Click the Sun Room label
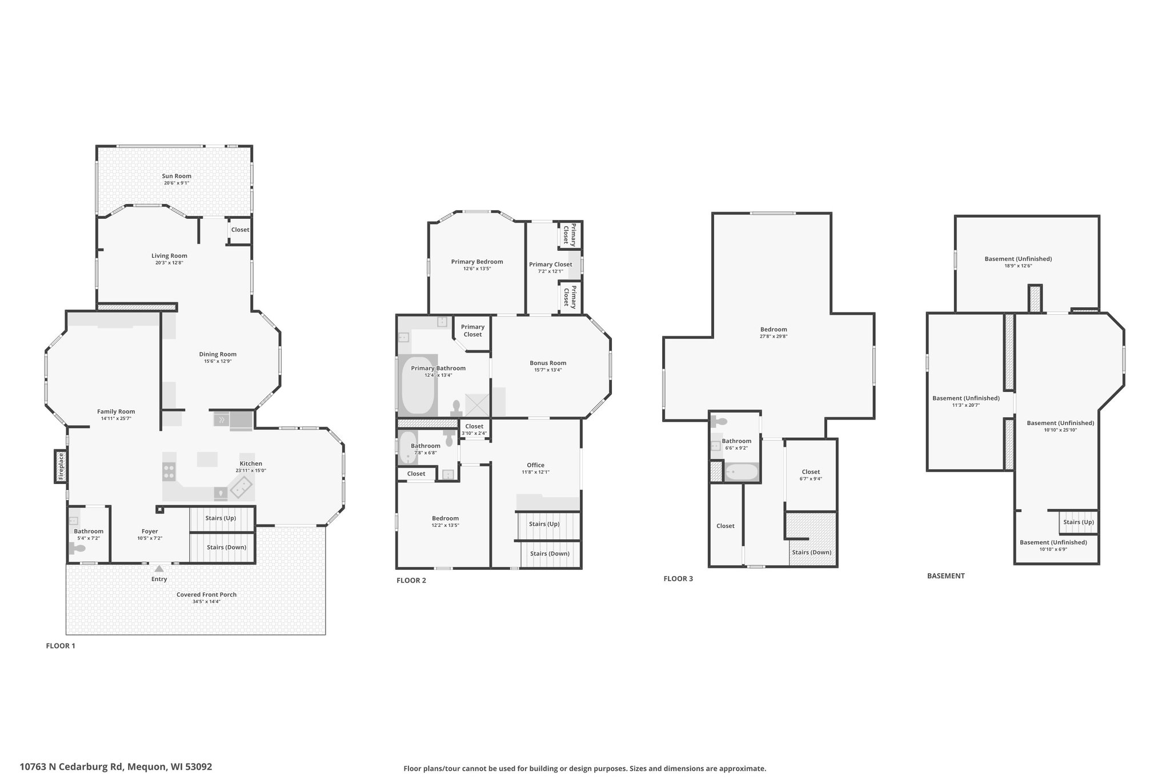(x=177, y=176)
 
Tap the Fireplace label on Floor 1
(x=61, y=466)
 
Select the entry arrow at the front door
(x=159, y=568)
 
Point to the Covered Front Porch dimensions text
(x=206, y=601)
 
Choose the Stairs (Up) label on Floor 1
(x=221, y=518)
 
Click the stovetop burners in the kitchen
(x=169, y=471)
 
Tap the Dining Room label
(x=218, y=354)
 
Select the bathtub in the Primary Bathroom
(x=417, y=386)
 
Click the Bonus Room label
(x=548, y=363)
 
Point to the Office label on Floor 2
(x=535, y=465)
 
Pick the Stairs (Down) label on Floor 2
(x=550, y=553)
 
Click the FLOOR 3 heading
(x=678, y=578)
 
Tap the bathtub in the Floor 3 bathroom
(x=741, y=472)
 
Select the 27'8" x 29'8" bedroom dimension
(x=774, y=337)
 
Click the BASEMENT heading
(x=945, y=576)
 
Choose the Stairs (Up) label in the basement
(x=1079, y=522)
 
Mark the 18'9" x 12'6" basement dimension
(x=1018, y=266)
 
